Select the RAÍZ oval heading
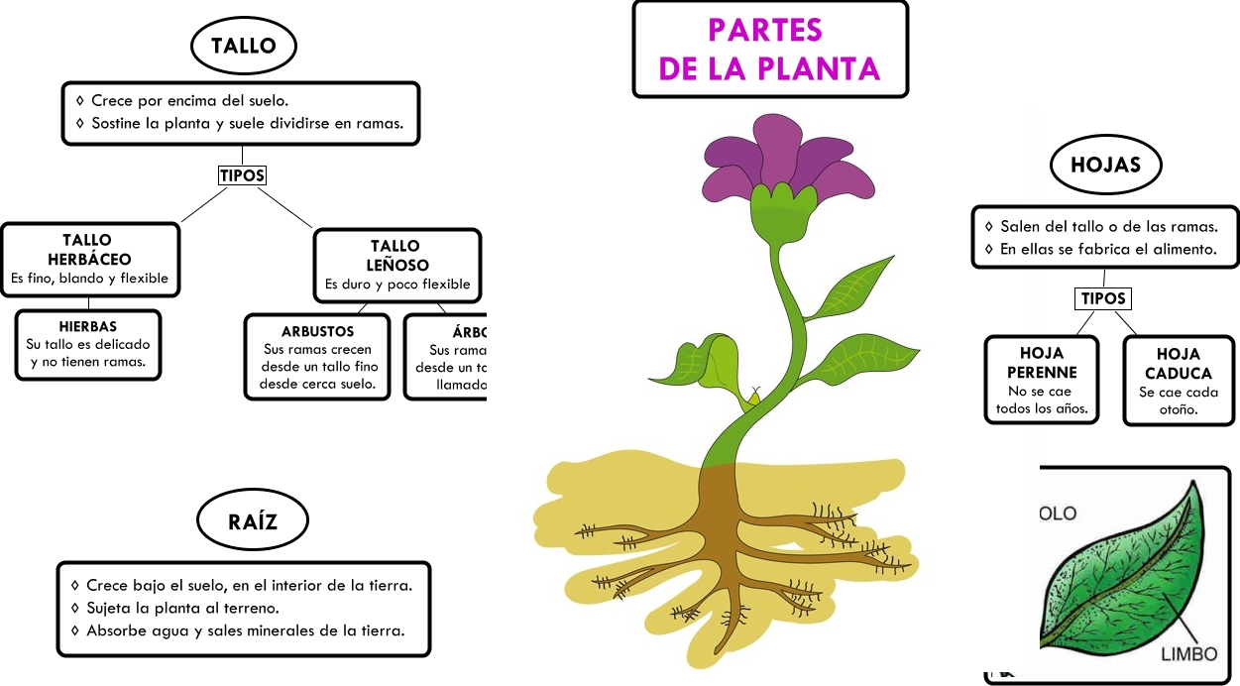[x=253, y=520]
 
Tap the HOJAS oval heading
[x=1105, y=165]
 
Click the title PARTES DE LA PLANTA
[x=769, y=50]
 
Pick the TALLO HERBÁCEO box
[x=89, y=260]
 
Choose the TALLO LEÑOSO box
[x=396, y=266]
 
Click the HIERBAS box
[x=88, y=344]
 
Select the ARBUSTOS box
[x=317, y=357]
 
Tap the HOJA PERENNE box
[x=1041, y=381]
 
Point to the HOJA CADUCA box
[x=1178, y=382]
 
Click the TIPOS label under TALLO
[x=242, y=175]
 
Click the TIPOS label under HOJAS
[x=1103, y=298]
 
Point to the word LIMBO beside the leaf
[x=1188, y=655]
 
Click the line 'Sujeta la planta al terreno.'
[x=182, y=608]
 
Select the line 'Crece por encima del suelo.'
[x=189, y=101]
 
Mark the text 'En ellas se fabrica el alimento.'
[x=1107, y=250]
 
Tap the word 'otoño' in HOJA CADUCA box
[x=1179, y=409]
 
